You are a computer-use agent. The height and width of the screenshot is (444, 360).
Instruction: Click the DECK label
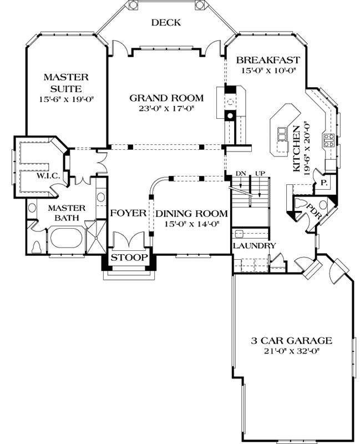[166, 22]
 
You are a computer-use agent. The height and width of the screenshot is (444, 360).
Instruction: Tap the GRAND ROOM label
[166, 98]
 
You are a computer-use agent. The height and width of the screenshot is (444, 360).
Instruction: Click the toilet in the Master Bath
[37, 246]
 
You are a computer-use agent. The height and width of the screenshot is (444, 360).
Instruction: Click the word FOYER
[128, 213]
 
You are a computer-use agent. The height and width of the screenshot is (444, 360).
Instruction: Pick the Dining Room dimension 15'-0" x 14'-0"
[191, 224]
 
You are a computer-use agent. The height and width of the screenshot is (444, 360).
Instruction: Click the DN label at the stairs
[240, 173]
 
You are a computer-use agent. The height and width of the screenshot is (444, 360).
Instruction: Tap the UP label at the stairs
[260, 173]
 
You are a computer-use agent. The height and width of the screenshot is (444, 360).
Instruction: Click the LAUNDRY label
[254, 245]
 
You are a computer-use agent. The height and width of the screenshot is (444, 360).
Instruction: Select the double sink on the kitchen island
[282, 135]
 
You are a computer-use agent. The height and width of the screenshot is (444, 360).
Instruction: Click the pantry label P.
[323, 182]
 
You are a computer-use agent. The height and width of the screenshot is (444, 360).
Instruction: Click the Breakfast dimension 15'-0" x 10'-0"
[268, 71]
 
